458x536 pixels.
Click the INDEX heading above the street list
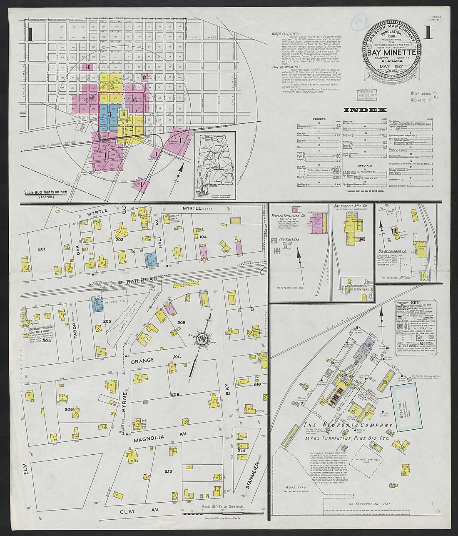click(366, 110)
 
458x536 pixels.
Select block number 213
click(168, 471)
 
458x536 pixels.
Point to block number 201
click(41, 249)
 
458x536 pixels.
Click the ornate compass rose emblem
click(202, 337)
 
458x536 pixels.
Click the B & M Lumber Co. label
click(393, 251)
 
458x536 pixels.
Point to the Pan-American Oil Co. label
click(285, 241)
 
